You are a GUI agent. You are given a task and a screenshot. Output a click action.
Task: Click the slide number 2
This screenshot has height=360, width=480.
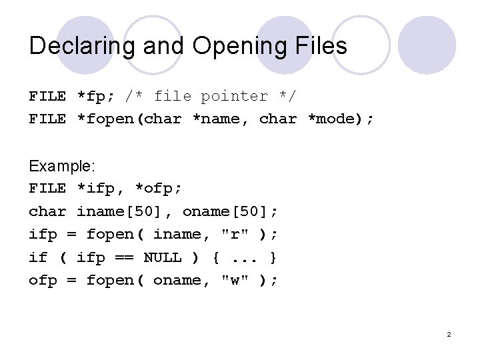[x=449, y=333]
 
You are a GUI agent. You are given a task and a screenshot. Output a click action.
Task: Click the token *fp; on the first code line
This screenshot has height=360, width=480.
[x=95, y=96]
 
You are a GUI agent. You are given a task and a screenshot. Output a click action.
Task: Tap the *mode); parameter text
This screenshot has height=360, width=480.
[x=341, y=119]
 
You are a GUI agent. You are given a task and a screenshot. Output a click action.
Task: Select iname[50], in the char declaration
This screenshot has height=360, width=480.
[x=124, y=211]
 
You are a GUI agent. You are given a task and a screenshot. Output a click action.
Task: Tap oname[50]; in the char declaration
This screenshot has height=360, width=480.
[x=230, y=211]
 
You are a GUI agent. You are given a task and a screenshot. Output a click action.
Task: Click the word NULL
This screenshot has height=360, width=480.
[x=163, y=257]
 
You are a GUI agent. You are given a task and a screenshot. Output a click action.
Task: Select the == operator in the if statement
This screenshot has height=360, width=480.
[x=124, y=257]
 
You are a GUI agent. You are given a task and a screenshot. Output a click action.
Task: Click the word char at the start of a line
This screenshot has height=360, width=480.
[x=47, y=211]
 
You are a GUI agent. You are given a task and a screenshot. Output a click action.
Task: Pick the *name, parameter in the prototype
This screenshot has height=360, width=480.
[x=220, y=119]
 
